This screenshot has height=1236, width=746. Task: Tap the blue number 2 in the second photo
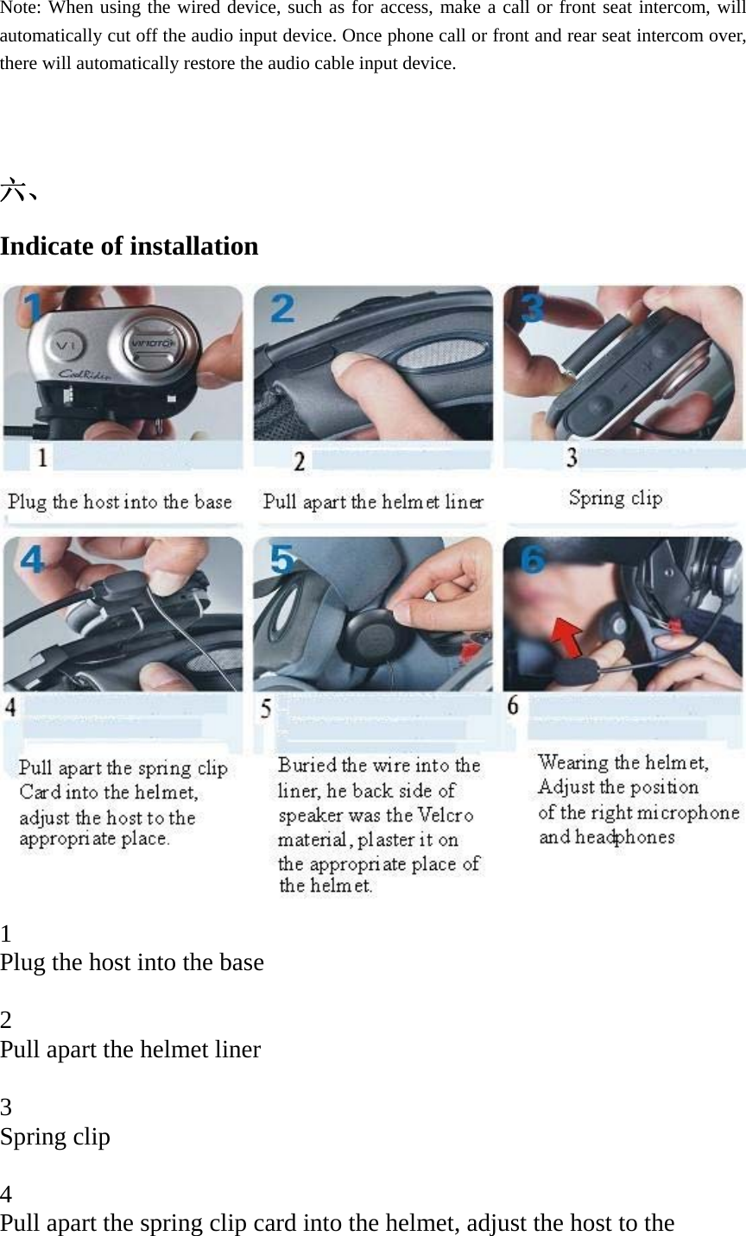[283, 308]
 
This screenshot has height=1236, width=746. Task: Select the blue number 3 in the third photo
[533, 308]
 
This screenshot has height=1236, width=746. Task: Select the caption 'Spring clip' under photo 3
[615, 498]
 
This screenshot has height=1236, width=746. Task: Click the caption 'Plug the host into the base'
[120, 501]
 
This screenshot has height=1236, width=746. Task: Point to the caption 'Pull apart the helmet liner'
[373, 501]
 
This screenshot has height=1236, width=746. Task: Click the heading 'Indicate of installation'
[130, 247]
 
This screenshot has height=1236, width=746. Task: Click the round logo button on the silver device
[152, 342]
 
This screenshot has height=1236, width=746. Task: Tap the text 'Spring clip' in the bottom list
[55, 1137]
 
